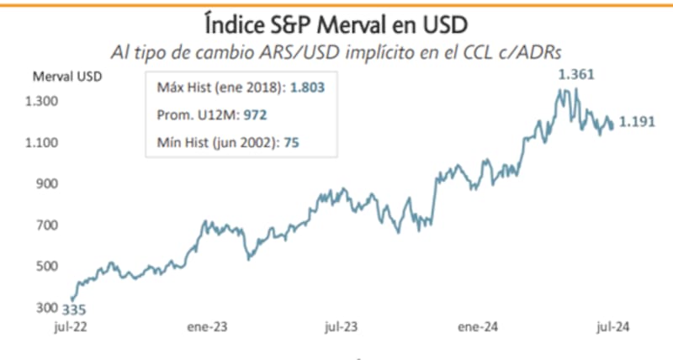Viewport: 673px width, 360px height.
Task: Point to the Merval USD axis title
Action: pos(67,77)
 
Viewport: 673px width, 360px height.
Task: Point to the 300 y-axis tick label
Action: pos(50,307)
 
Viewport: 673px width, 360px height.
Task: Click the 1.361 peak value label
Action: pos(577,74)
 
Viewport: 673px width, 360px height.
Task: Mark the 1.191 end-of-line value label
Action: pos(637,123)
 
